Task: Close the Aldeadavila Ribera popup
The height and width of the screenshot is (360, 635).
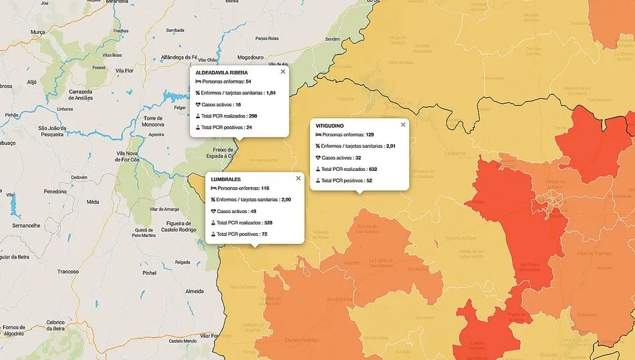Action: pos(283,71)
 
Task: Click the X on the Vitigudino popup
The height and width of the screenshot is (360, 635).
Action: pos(403,125)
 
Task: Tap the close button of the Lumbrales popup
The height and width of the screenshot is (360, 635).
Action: pos(299,178)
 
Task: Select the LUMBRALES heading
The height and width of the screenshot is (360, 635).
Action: pos(226,180)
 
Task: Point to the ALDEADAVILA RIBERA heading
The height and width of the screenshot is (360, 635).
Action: pos(221,72)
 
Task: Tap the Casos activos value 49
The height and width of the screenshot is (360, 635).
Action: pos(253,211)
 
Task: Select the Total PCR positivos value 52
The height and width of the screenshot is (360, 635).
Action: pos(369,180)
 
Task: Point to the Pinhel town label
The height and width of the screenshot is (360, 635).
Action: pos(149,273)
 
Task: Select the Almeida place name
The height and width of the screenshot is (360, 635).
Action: pos(195,292)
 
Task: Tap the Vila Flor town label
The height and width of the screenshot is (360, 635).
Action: pos(125,69)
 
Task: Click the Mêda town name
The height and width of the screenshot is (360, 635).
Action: pos(93,201)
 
